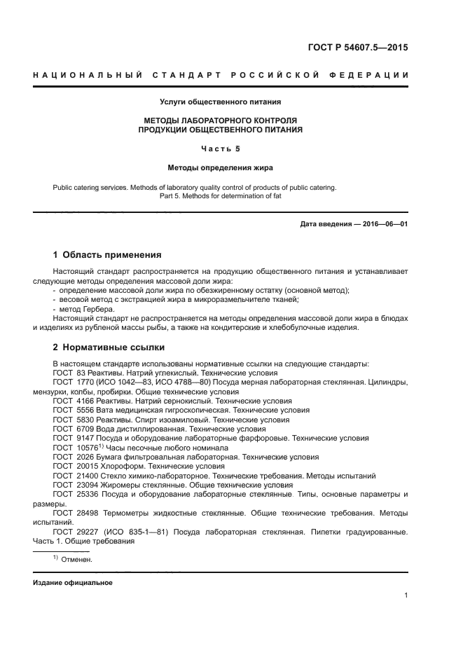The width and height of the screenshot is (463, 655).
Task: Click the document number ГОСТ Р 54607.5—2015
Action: click(357, 48)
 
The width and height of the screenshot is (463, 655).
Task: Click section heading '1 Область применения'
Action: click(107, 255)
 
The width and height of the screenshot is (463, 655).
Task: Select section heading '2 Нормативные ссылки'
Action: click(109, 347)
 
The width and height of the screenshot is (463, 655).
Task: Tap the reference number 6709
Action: click(83, 429)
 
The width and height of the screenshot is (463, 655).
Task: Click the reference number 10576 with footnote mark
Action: click(87, 447)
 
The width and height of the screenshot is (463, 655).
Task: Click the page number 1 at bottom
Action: click(406, 595)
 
